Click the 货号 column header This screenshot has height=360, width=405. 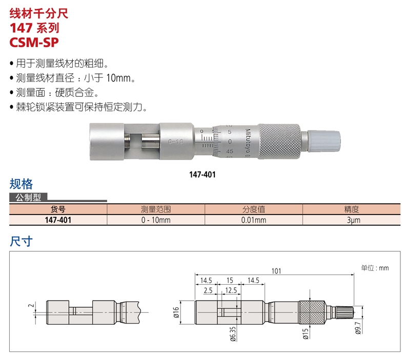[x=58, y=209]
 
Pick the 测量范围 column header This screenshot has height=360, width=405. [x=155, y=209]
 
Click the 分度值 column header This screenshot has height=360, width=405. [x=253, y=209]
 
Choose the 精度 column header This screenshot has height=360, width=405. [x=352, y=209]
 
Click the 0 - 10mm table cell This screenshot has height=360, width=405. [x=155, y=220]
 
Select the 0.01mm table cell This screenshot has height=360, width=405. [x=253, y=220]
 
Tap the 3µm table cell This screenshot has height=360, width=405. [x=352, y=220]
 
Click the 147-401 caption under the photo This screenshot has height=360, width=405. [x=202, y=175]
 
